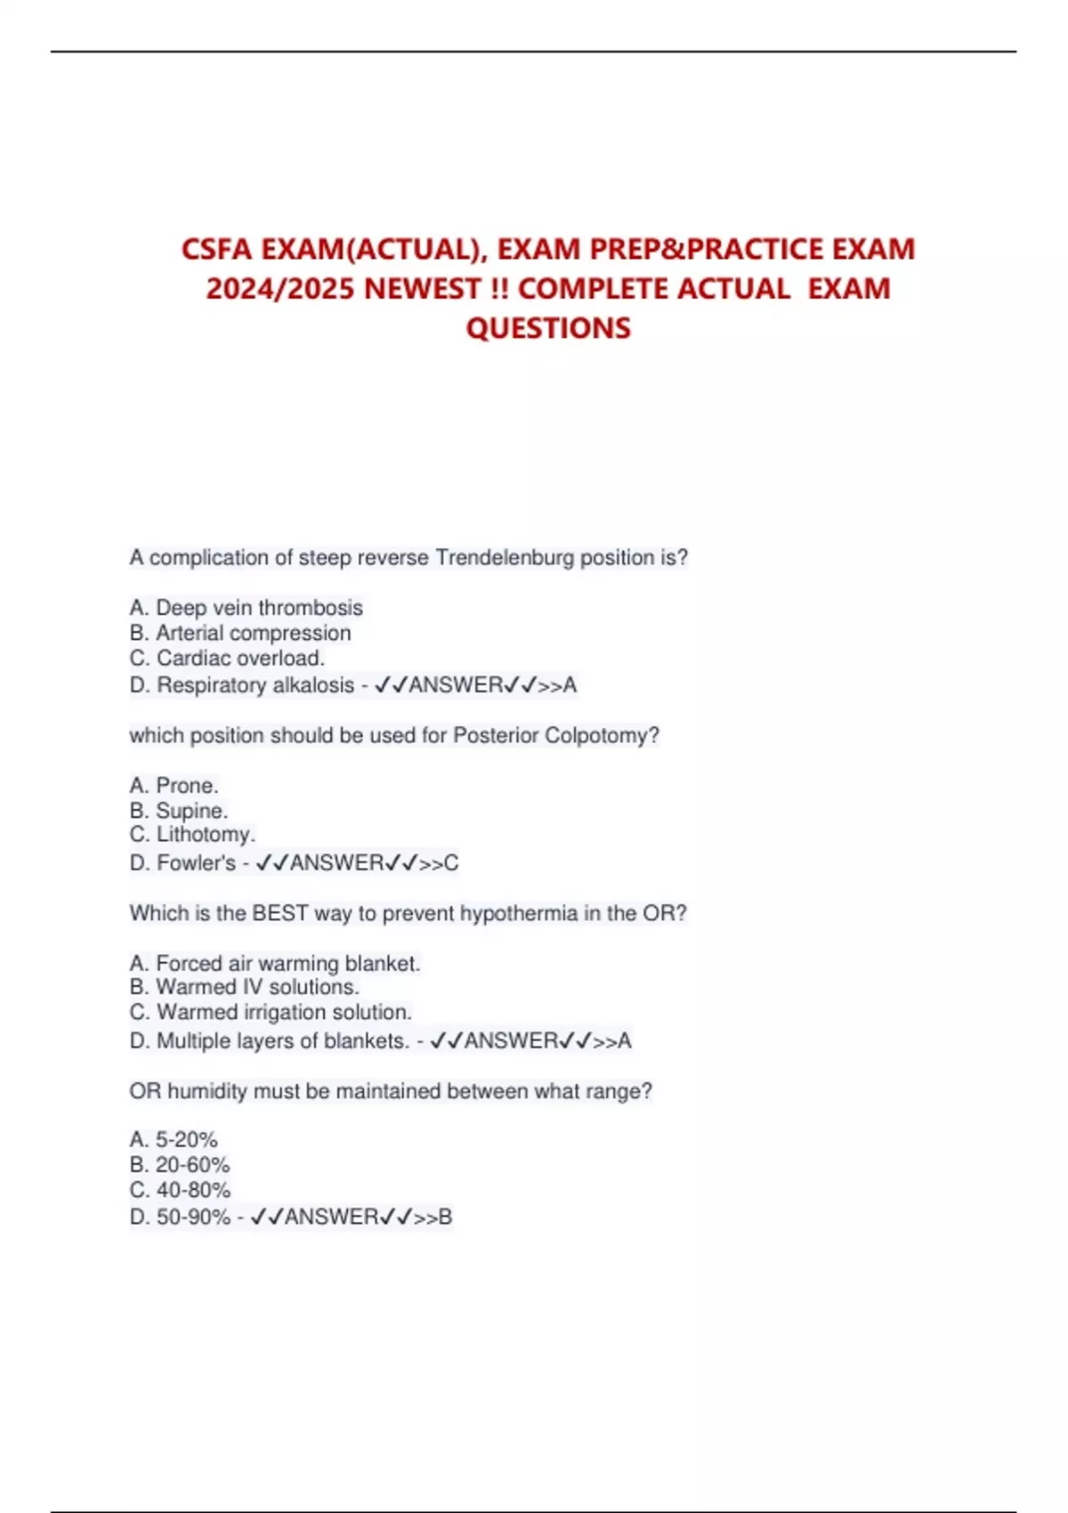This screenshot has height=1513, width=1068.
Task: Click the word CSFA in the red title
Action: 216,249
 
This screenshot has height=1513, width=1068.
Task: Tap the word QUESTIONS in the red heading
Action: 548,328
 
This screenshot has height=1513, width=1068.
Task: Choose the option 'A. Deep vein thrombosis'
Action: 247,608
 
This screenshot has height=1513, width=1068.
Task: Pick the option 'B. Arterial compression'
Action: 240,633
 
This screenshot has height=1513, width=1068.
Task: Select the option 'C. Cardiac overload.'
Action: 227,658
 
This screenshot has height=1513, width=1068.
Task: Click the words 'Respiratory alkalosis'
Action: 255,685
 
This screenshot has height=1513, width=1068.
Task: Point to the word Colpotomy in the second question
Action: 602,736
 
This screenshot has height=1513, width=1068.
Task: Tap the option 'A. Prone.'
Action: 174,786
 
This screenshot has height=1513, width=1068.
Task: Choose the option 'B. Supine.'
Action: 179,811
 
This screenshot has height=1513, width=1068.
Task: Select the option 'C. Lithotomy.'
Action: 192,835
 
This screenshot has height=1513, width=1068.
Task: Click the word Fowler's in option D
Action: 196,863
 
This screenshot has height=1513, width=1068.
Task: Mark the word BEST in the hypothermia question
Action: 279,914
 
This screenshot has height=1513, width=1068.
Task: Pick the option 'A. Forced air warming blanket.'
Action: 275,964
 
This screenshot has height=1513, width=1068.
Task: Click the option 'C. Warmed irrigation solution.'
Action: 271,1013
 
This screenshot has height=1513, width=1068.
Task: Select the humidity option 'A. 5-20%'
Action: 174,1140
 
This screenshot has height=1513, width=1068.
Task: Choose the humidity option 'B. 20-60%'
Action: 180,1165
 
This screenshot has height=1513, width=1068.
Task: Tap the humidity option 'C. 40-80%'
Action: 180,1190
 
